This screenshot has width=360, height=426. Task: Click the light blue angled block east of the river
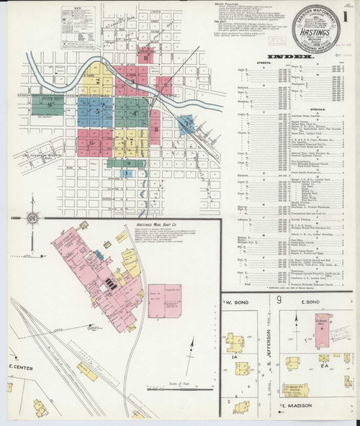pyautogui.click(x=186, y=124)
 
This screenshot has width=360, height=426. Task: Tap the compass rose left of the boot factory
pyautogui.click(x=32, y=218)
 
